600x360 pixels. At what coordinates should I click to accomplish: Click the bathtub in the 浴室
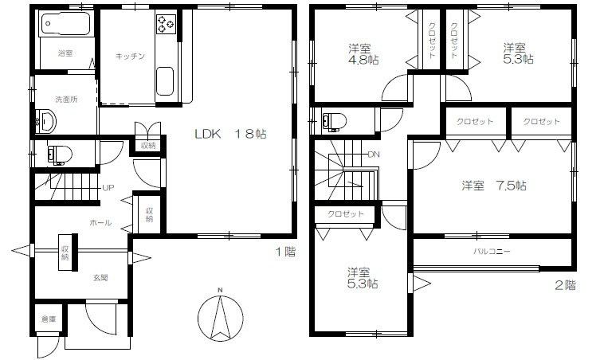[66, 24]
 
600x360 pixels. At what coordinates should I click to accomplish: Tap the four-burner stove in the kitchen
[166, 24]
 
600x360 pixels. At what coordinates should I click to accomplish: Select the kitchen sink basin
[165, 82]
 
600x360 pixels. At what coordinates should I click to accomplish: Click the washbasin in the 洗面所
[45, 121]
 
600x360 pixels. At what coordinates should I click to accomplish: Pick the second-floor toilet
[334, 122]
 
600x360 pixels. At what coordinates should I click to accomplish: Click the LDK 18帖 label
[230, 134]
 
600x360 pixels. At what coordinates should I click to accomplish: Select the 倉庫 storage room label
[49, 319]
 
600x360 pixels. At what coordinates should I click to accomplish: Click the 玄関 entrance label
[100, 278]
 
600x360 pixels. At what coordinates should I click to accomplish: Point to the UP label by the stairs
[108, 188]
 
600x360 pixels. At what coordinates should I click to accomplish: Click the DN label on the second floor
[374, 155]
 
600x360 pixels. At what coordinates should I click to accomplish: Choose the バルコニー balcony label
[492, 252]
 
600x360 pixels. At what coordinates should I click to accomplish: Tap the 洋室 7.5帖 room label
[493, 186]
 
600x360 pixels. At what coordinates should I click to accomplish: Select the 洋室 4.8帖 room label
[363, 55]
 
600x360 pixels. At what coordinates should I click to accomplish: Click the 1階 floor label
[286, 252]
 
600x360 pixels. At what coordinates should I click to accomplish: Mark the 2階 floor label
[565, 285]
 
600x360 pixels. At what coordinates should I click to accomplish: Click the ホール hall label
[100, 223]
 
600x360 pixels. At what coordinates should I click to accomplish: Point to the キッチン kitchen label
[130, 57]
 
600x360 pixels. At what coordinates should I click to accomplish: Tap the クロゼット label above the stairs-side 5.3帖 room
[346, 214]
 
